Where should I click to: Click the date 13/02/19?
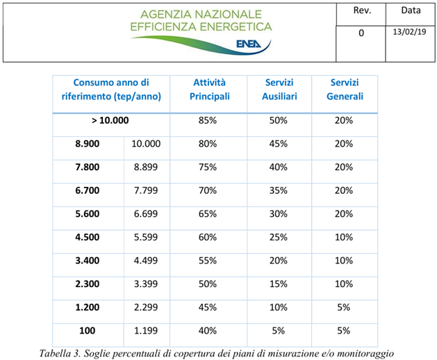tap(409, 32)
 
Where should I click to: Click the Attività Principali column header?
tap(209, 90)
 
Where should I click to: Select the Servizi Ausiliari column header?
tap(279, 90)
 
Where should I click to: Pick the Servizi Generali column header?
tap(345, 90)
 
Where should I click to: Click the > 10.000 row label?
tap(110, 120)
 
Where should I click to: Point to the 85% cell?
tap(208, 120)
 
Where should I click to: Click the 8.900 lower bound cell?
tap(88, 144)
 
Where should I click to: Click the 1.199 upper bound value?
tap(146, 331)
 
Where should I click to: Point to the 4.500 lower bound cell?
tap(88, 238)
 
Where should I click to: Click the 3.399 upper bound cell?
tap(146, 284)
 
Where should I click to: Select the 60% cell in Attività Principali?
tap(208, 238)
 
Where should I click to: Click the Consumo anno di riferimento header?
tap(111, 90)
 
